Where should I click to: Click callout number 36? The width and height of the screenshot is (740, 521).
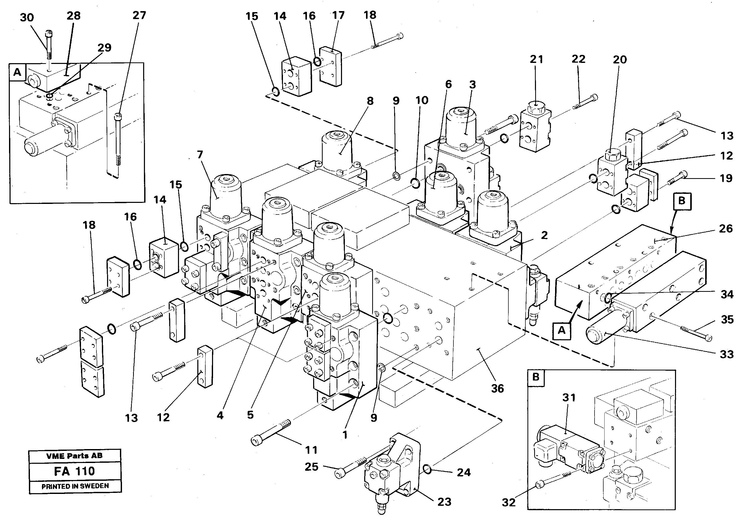click(x=497, y=388)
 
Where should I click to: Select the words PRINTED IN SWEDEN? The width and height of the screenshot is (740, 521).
click(x=75, y=486)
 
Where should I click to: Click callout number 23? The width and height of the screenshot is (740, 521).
click(x=444, y=502)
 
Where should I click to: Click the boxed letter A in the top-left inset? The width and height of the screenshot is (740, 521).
click(x=17, y=72)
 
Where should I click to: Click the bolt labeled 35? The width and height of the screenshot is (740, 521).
click(x=696, y=334)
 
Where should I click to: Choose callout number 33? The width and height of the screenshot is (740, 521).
click(x=727, y=354)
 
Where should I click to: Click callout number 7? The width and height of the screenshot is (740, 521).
click(x=200, y=155)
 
